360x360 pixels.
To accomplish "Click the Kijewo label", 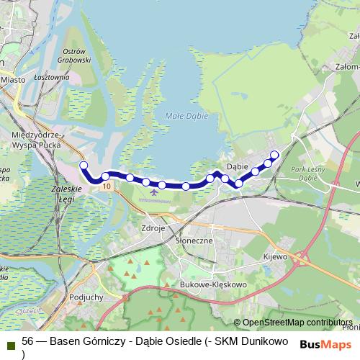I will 274,256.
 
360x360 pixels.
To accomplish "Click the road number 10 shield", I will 107,186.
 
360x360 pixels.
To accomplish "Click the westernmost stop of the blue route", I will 83,166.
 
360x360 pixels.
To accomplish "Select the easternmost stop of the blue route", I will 274,155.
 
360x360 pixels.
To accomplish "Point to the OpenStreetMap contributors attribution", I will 297,323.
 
